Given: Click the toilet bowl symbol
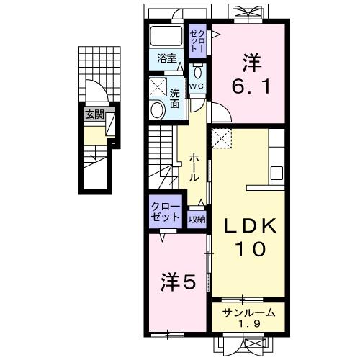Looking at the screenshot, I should [x=197, y=73].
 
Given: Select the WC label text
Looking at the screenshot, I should [x=197, y=86].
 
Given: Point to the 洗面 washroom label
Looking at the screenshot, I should [x=176, y=97].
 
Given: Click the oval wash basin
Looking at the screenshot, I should [x=158, y=109].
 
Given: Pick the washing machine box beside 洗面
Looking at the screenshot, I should [x=158, y=88].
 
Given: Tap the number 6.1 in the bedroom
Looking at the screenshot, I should [x=251, y=87].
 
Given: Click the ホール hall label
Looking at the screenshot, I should [x=194, y=167].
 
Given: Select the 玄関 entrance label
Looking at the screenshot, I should [x=94, y=114].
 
